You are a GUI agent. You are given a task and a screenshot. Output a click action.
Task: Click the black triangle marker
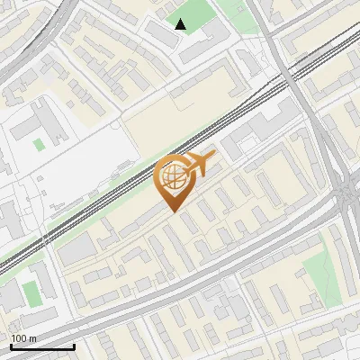click(181, 24)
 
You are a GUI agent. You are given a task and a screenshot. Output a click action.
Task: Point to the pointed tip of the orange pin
click(174, 211)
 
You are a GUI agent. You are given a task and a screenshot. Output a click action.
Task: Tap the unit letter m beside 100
click(32, 337)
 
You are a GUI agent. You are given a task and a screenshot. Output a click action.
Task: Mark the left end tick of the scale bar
click(11, 346)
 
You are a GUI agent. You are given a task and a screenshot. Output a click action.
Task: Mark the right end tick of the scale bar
click(74, 346)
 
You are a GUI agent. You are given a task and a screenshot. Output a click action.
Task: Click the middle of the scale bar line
click(42, 346)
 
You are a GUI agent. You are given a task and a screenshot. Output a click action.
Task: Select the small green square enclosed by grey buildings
click(38, 143)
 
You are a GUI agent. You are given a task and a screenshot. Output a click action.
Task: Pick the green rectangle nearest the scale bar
click(31, 293)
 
